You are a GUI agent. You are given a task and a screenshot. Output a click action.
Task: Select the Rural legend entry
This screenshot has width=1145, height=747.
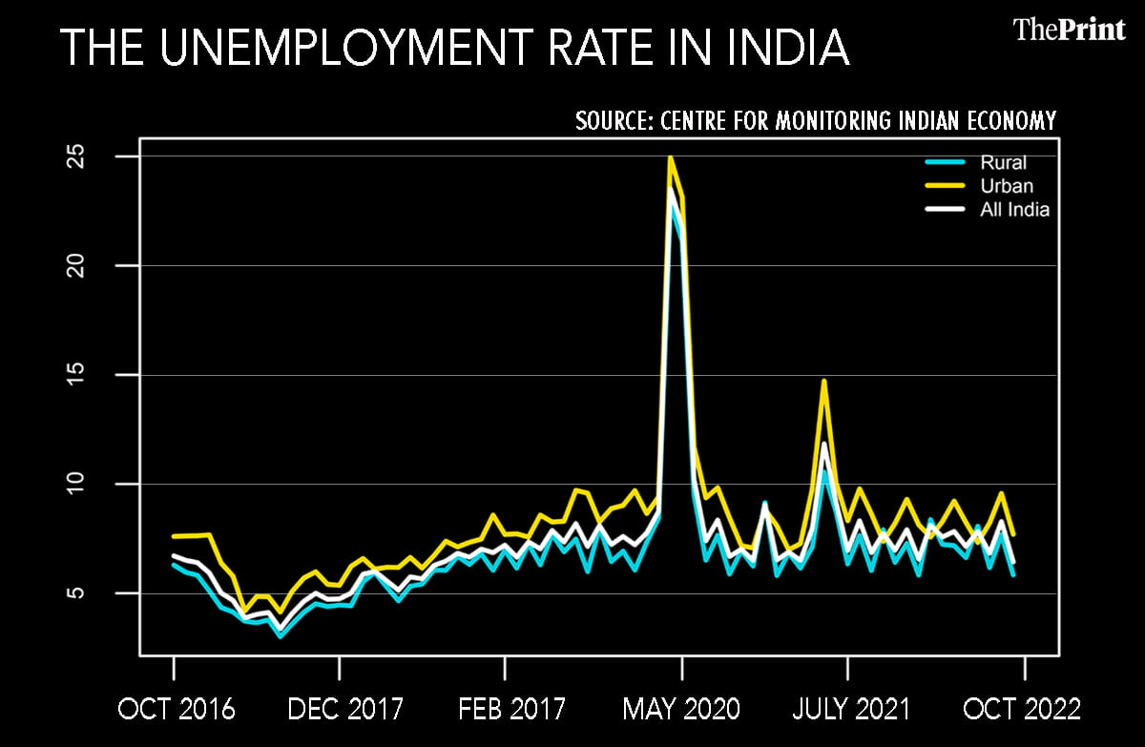[x=1003, y=163]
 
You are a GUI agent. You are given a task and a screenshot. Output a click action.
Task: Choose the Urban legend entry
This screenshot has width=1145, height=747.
[x=1007, y=186]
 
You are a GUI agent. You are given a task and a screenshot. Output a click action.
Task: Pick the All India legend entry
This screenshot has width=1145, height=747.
[x=1014, y=210]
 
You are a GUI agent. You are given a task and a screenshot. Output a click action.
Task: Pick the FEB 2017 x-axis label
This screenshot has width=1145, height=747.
[x=511, y=710]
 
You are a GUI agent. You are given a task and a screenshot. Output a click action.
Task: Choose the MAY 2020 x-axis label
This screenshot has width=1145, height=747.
[x=681, y=710]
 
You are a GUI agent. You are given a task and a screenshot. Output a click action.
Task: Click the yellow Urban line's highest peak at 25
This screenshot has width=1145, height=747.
[x=671, y=157]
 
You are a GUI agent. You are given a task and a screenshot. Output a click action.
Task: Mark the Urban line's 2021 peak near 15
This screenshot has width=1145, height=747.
[x=823, y=382]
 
